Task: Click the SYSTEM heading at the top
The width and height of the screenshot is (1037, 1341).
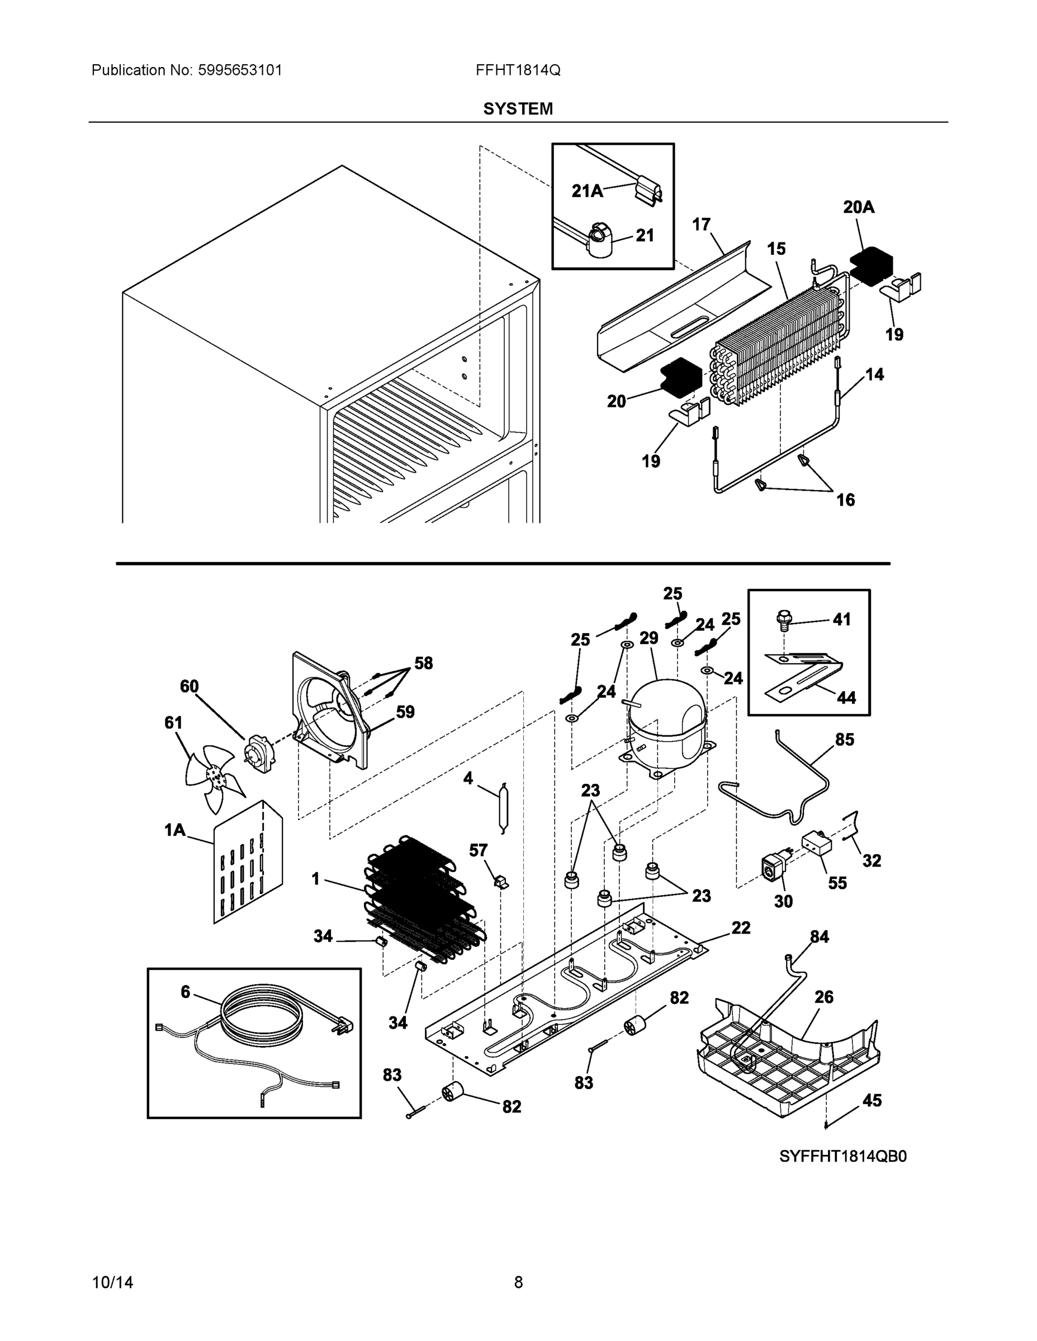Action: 518,109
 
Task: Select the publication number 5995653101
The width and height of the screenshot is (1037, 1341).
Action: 240,70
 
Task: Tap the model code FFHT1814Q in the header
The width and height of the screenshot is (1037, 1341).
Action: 517,70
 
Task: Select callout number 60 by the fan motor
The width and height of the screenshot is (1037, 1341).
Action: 189,686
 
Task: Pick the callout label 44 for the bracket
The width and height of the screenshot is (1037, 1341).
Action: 846,697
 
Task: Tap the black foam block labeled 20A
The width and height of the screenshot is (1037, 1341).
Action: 871,266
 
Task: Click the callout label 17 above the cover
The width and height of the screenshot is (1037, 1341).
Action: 701,225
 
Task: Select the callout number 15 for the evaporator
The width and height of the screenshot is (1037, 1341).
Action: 776,249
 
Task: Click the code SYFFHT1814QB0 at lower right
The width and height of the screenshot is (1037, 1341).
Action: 842,1156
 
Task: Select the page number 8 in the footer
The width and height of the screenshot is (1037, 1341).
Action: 518,1282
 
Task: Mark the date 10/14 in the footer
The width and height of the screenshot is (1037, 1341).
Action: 112,1282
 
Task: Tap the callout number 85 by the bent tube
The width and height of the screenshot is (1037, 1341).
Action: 844,739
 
